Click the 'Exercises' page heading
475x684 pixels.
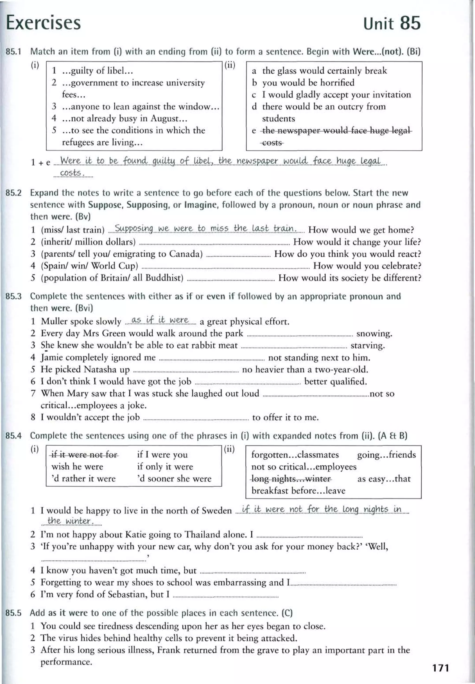43,23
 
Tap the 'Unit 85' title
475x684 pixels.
392,23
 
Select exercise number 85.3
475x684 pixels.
14,296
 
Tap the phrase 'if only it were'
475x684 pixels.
165,466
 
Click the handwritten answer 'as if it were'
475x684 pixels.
160,320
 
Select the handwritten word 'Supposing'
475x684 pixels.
134,228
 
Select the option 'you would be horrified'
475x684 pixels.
308,83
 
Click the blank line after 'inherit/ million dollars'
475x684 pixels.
214,244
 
